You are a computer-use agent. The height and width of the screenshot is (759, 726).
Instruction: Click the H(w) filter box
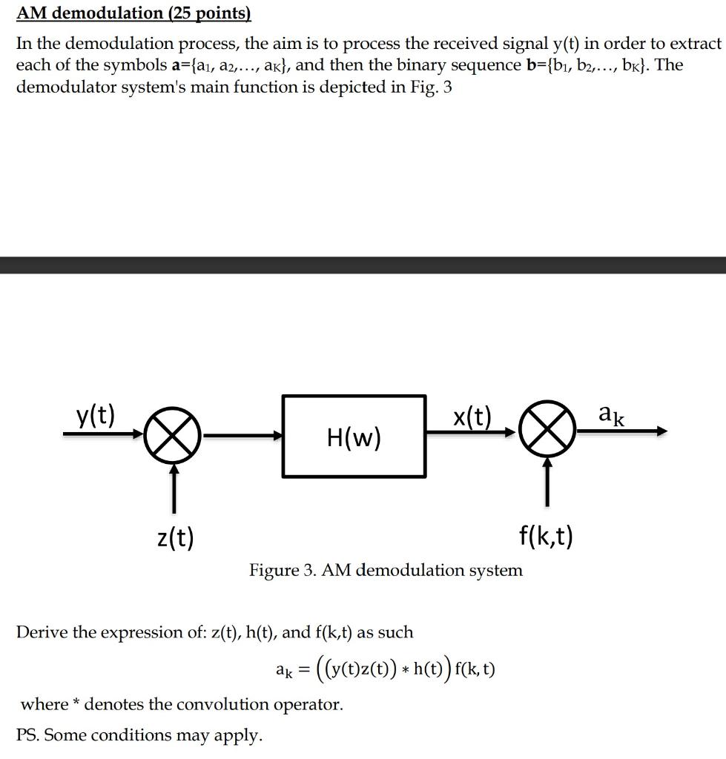click(x=354, y=436)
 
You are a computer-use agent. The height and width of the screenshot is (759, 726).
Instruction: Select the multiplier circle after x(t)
click(x=547, y=433)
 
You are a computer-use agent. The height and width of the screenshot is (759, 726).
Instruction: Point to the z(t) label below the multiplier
click(x=176, y=536)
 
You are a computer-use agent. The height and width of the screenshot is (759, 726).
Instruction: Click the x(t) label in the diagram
click(x=472, y=417)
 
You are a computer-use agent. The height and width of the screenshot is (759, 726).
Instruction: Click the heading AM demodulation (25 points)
click(x=133, y=13)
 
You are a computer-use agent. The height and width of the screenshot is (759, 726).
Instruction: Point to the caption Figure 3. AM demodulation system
click(x=386, y=570)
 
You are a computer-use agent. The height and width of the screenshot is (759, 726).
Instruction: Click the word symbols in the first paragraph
click(x=131, y=65)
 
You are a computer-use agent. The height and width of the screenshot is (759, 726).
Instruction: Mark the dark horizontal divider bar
click(x=363, y=265)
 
